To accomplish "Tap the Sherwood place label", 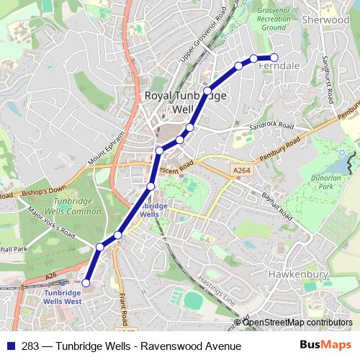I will [325, 20].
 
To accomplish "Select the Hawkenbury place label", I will [298, 274].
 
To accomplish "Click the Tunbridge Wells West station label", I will [63, 297].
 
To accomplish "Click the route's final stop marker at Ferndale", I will [274, 58].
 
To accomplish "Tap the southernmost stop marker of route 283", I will [86, 283].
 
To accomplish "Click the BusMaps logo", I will [325, 346].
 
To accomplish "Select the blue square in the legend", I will [11, 347].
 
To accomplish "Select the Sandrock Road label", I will [271, 127].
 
